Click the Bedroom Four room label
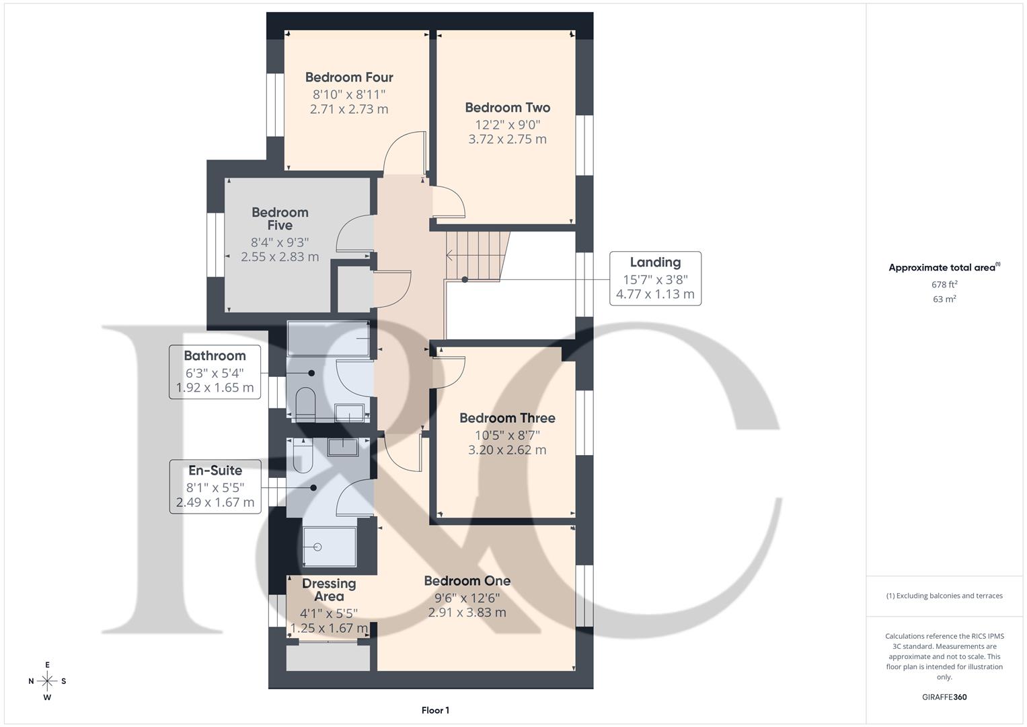[x=349, y=77]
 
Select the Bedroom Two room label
[x=507, y=108]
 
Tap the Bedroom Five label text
[x=280, y=219]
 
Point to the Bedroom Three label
[x=507, y=418]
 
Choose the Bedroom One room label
[x=467, y=581]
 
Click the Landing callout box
[x=655, y=278]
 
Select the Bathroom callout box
[x=215, y=372]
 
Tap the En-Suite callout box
[x=215, y=486]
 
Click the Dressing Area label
[x=329, y=590]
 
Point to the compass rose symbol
[x=47, y=681]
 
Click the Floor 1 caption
[x=435, y=710]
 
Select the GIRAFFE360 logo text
[x=944, y=697]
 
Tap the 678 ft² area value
[x=944, y=285]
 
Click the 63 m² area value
[x=944, y=300]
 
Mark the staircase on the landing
[x=474, y=256]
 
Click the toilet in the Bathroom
[x=305, y=403]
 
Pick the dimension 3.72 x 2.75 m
[x=507, y=139]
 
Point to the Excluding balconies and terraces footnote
[x=944, y=596]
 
